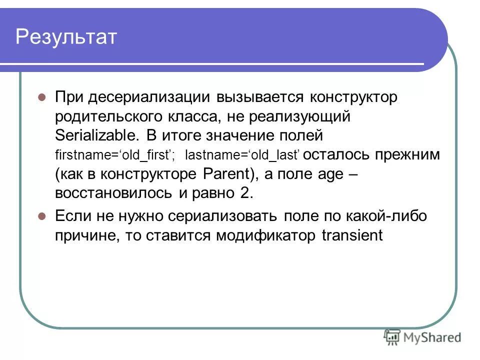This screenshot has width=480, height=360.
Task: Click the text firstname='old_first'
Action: [x=114, y=155]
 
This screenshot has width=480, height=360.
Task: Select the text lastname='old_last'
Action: [x=242, y=155]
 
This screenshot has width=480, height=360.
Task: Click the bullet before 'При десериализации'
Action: [x=42, y=97]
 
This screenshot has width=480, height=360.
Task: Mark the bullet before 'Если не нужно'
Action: [x=42, y=217]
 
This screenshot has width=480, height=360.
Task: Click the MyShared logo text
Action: [x=433, y=338]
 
